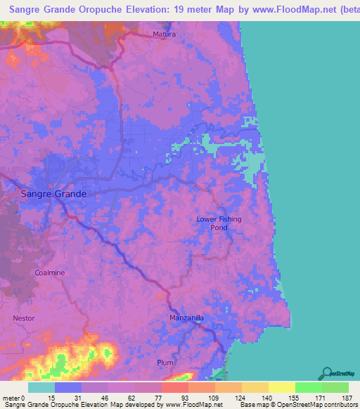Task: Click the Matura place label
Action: [x=165, y=34]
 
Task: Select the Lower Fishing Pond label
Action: [x=219, y=223]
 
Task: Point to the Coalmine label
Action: [x=49, y=272]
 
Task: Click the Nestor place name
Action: [x=23, y=318]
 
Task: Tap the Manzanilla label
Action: [x=187, y=318]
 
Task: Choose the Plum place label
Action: [x=165, y=363]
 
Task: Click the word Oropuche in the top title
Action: [x=98, y=10]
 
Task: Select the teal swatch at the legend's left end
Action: [x=41, y=387]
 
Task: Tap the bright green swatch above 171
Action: [x=308, y=387]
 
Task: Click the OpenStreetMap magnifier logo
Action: [x=326, y=372]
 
